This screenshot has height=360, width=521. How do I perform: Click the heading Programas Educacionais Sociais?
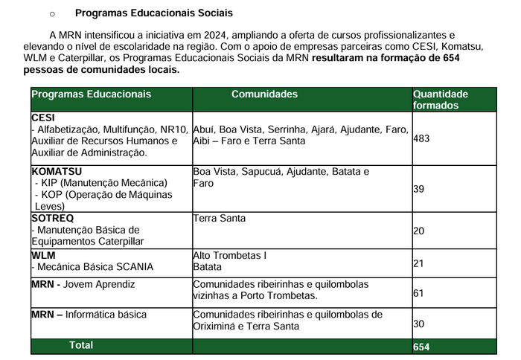pos(153,13)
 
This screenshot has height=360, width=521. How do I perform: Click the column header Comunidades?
pos(264,94)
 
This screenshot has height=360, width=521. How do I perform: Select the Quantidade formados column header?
pos(441,100)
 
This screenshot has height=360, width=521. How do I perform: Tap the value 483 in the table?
pos(421,138)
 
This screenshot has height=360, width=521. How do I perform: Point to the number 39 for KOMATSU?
pos(418,189)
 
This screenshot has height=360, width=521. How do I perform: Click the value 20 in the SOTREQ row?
pos(418,231)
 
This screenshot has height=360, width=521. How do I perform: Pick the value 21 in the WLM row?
pos(418,264)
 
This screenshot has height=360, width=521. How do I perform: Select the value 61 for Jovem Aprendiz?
pos(418,293)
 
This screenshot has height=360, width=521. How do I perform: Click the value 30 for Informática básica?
pos(418,324)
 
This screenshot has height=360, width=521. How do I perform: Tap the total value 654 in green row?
pos(421,347)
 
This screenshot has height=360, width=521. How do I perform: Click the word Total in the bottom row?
pos(81,345)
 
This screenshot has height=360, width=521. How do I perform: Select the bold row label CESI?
pos(43,118)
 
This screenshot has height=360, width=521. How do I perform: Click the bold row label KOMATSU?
pos(57,171)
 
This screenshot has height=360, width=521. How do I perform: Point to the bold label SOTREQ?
pos(53,219)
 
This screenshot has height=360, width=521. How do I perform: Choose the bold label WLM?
pos(43,255)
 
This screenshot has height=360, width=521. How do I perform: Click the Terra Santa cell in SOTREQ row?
pos(219,219)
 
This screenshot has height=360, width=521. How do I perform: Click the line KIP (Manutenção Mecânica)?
pos(103,183)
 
